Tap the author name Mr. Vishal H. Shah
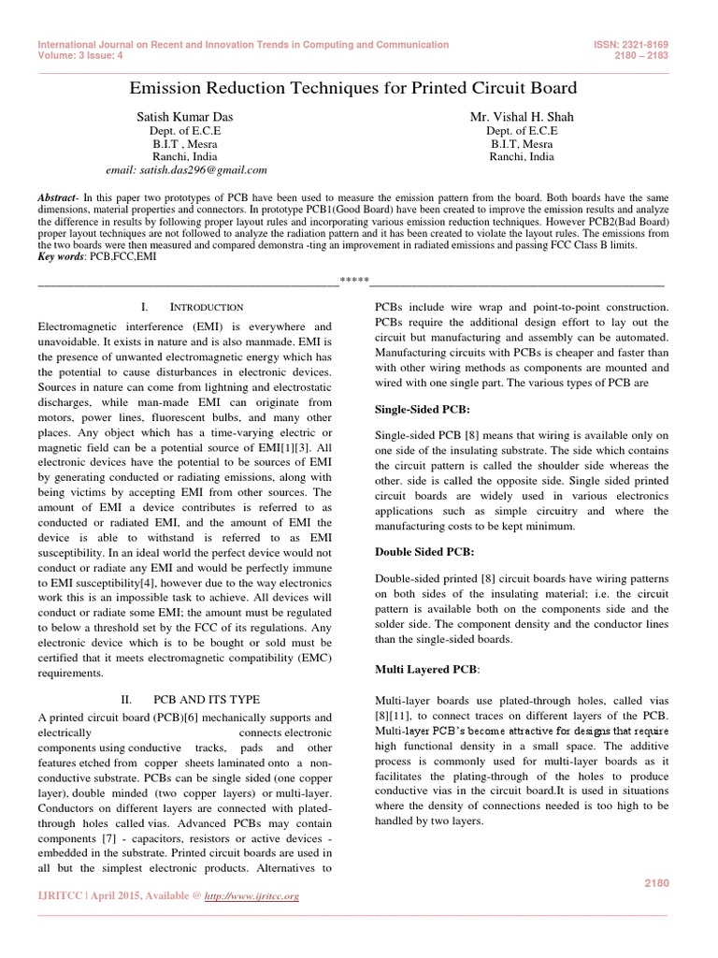[x=521, y=116]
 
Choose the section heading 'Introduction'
[x=207, y=307]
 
